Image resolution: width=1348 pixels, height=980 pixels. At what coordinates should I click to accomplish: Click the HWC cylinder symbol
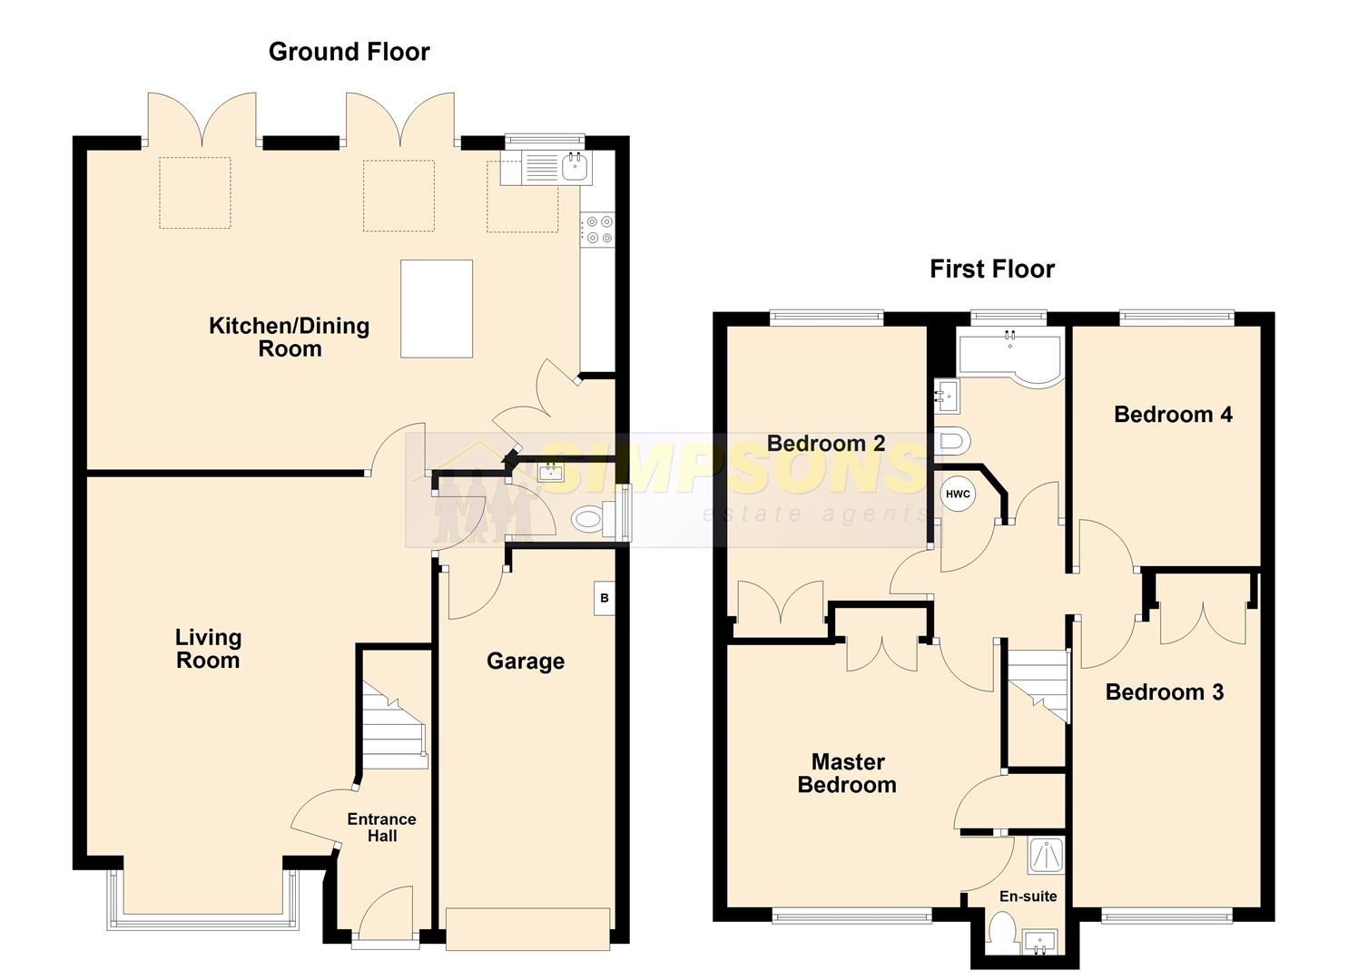click(x=958, y=495)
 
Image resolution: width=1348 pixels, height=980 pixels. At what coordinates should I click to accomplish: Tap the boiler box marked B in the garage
click(x=605, y=598)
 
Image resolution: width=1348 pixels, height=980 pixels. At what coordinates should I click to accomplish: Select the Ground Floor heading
click(x=349, y=52)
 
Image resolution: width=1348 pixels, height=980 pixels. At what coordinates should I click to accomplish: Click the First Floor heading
click(x=992, y=269)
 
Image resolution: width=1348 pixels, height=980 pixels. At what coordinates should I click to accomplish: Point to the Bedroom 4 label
click(x=1173, y=415)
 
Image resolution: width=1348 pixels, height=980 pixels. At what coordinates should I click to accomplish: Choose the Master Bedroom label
click(x=847, y=773)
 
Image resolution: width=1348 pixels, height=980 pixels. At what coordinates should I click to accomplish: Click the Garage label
click(x=526, y=661)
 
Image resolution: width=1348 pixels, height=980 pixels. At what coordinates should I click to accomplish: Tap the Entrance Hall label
click(x=382, y=828)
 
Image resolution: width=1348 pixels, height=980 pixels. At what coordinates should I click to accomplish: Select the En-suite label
click(x=1028, y=897)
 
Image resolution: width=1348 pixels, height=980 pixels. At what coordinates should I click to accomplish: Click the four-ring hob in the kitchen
click(x=597, y=230)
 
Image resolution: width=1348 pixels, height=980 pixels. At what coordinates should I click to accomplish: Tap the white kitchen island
click(x=437, y=309)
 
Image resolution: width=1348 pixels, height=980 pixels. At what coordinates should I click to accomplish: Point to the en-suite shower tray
click(x=1046, y=855)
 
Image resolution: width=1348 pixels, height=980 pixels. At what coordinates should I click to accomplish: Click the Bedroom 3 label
click(x=1165, y=692)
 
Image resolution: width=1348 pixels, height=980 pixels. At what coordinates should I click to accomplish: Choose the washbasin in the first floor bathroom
click(x=947, y=396)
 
